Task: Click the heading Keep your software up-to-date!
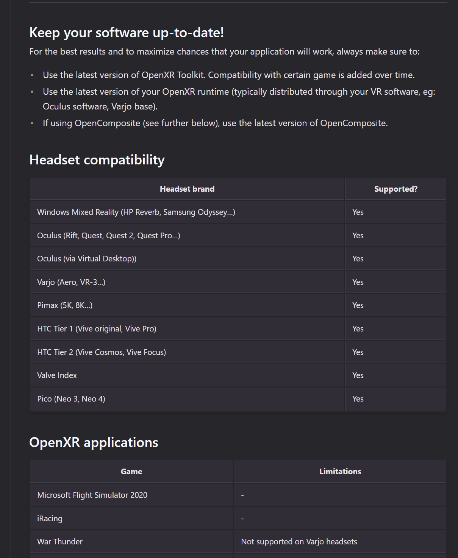(x=127, y=33)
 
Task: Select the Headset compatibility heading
(x=97, y=160)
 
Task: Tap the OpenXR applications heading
(x=94, y=442)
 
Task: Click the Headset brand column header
(x=187, y=189)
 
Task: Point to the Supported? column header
(x=395, y=189)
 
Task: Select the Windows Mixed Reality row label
(x=136, y=212)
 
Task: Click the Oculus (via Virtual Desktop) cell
(x=87, y=259)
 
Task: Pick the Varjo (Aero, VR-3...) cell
(x=71, y=282)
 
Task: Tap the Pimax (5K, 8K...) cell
(x=65, y=305)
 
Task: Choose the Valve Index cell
(x=57, y=375)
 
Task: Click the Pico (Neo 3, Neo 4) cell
(x=71, y=399)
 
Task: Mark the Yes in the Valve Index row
(x=358, y=375)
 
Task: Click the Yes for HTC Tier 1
(x=358, y=329)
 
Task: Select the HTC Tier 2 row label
(x=102, y=352)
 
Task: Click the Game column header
(x=131, y=472)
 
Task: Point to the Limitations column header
(x=340, y=472)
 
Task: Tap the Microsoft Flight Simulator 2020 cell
(x=92, y=495)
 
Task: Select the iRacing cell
(x=50, y=519)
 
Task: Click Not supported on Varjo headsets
(x=299, y=542)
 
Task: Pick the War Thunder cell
(x=60, y=542)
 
